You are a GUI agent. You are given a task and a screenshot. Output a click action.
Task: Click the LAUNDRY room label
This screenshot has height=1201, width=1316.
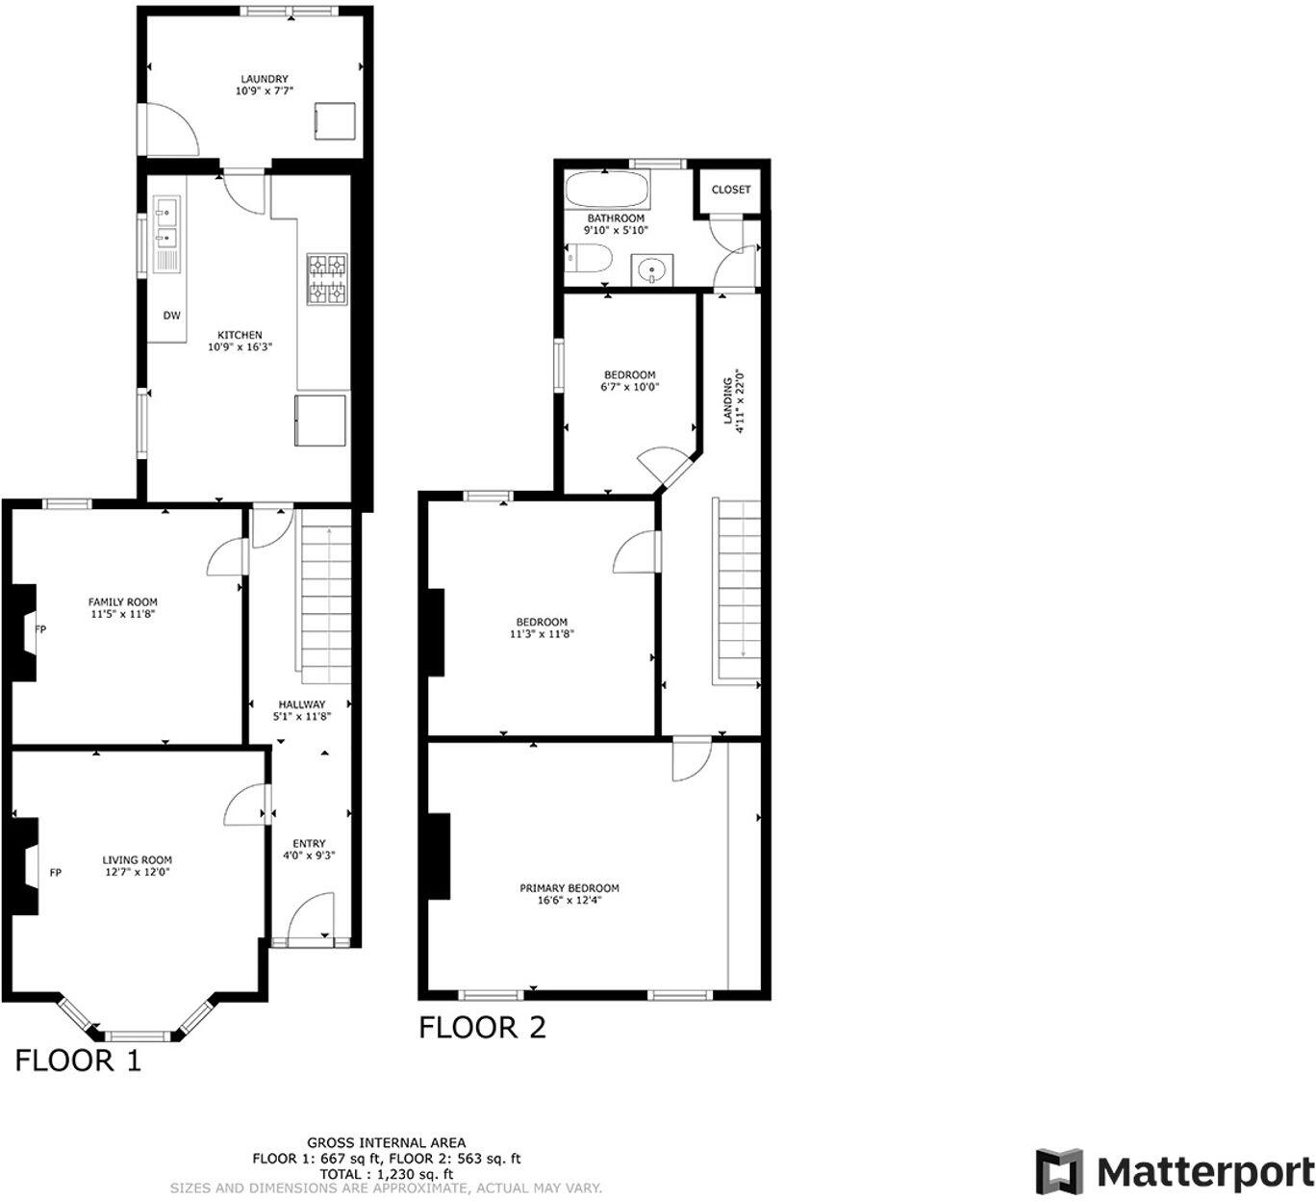[264, 79]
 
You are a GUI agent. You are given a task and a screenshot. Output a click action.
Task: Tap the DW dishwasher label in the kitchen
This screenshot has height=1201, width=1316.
[171, 315]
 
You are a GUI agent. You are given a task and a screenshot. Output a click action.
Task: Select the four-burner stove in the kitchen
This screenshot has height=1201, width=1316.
[327, 279]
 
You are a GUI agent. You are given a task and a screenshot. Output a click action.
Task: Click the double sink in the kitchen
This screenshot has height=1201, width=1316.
[166, 222]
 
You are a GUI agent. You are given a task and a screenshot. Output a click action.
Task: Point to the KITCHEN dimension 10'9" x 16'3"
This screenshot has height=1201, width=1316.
[240, 347]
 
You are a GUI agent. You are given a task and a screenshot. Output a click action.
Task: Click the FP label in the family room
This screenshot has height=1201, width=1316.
[40, 629]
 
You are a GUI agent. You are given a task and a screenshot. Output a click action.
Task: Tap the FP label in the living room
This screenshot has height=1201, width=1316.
[56, 873]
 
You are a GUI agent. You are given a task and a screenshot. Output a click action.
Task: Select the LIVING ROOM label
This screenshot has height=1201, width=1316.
[138, 860]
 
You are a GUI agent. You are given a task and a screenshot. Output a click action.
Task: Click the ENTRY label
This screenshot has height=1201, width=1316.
[309, 843]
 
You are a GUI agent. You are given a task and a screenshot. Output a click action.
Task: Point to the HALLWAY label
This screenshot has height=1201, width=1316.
[302, 703]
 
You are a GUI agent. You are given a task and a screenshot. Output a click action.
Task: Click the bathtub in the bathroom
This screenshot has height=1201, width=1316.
[606, 191]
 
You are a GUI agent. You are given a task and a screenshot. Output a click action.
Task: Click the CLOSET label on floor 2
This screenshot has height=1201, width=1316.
[731, 190]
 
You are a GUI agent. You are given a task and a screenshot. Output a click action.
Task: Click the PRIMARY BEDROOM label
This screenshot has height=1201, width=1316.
[569, 888]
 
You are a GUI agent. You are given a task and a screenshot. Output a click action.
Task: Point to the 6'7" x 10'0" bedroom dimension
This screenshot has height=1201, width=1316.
[630, 388]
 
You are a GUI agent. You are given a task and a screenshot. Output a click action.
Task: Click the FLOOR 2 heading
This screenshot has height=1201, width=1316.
[482, 1028]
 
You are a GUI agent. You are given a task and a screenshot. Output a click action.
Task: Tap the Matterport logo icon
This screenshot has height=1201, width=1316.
[1058, 1171]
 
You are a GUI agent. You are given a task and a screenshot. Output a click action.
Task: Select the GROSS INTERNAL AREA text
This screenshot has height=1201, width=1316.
[387, 1142]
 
